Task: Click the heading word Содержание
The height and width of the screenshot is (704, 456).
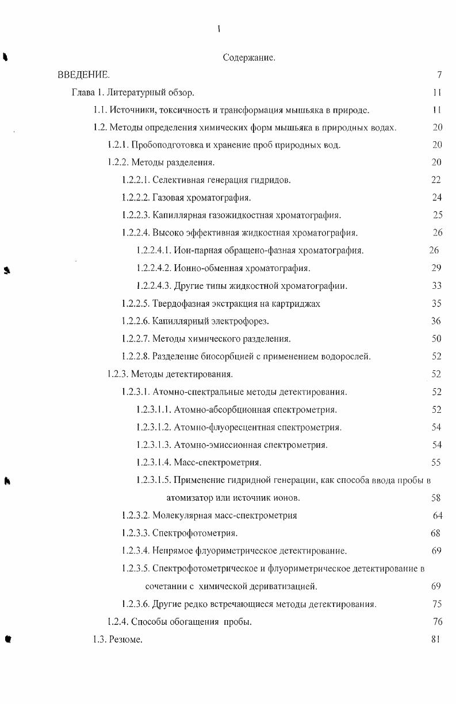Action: coord(248,57)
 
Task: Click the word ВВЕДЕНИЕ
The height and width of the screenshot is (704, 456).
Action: coord(83,75)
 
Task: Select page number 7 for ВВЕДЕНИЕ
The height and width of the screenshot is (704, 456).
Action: coord(439,75)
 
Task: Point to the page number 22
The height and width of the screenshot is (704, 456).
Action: coord(436,180)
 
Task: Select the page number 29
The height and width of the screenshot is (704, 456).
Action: coord(436,268)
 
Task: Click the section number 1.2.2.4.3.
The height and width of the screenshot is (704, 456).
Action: coord(154,286)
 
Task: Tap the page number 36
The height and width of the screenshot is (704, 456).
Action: coord(436,321)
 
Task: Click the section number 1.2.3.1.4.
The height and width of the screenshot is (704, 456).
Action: coord(154,462)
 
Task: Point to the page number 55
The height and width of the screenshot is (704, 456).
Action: coord(436,462)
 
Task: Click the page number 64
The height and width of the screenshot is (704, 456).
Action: coord(437,515)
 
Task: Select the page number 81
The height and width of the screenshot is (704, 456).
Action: coord(435,640)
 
